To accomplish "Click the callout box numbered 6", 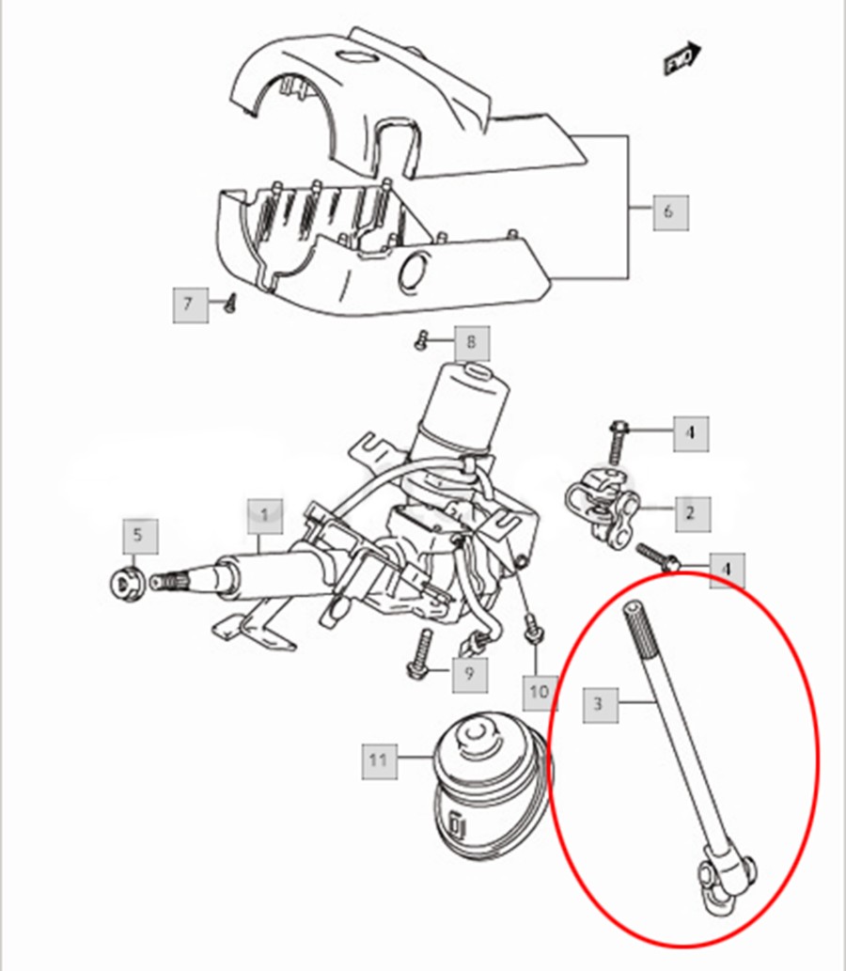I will pyautogui.click(x=669, y=211).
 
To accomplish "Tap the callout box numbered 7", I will pyautogui.click(x=188, y=304).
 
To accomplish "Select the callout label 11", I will pyautogui.click(x=378, y=759).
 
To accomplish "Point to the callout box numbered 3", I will pyautogui.click(x=600, y=703).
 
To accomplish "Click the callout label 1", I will pyautogui.click(x=265, y=515).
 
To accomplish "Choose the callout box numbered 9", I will pyautogui.click(x=469, y=672).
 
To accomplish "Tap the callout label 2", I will pyautogui.click(x=691, y=512).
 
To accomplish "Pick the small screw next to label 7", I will pyautogui.click(x=230, y=302).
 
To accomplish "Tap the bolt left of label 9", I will pyautogui.click(x=419, y=656).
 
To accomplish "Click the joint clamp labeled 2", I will pyautogui.click(x=602, y=508).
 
